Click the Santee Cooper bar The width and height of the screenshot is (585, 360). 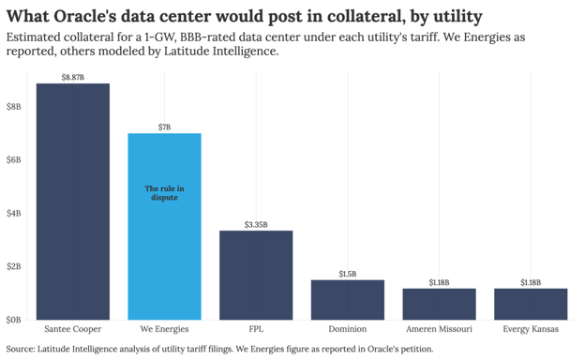(73, 202)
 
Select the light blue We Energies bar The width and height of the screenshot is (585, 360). (165, 227)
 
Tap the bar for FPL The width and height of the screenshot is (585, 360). (256, 276)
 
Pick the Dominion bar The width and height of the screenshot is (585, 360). (348, 300)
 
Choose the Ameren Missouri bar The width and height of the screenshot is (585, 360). (439, 304)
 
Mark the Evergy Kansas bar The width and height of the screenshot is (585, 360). (531, 304)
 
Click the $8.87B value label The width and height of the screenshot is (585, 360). (73, 77)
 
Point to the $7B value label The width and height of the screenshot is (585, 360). (165, 127)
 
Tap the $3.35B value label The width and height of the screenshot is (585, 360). (256, 225)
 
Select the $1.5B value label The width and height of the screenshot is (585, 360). (348, 274)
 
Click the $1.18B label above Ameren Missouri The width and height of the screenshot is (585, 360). (439, 282)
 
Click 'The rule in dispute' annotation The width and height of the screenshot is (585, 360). (165, 193)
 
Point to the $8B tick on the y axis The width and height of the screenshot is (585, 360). (13, 107)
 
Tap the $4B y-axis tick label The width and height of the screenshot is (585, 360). (13, 214)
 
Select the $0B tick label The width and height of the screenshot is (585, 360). (13, 320)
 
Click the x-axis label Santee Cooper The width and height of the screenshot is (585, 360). (73, 329)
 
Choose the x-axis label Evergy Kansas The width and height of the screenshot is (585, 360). (531, 329)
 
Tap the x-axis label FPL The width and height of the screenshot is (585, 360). (256, 329)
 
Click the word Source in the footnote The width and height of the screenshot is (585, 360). (20, 349)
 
